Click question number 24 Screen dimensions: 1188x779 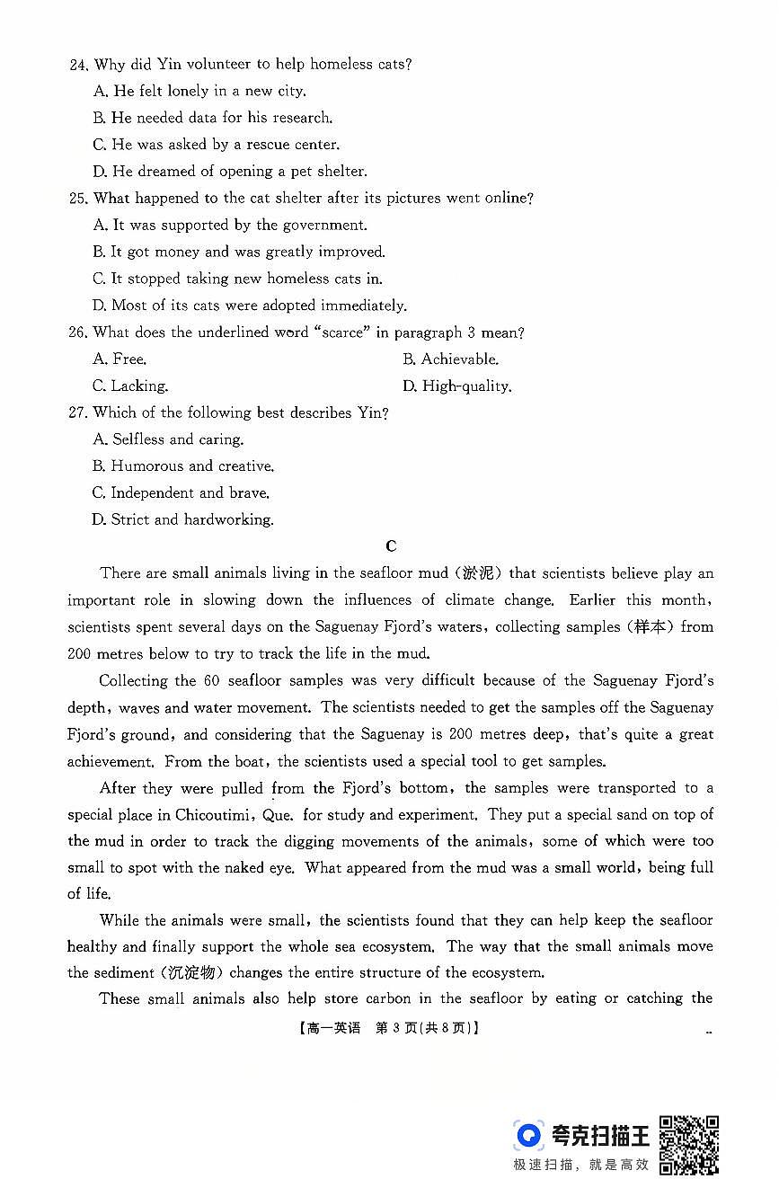point(78,65)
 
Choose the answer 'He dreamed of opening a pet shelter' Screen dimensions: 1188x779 point(229,171)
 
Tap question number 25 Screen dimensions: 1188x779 point(78,199)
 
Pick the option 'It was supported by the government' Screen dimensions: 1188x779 point(229,226)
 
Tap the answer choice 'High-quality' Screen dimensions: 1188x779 point(456,386)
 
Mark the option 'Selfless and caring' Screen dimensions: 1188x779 point(168,439)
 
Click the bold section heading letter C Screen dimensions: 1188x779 point(390,546)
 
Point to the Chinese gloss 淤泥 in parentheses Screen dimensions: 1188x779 point(479,573)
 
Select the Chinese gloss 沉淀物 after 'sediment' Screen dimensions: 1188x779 point(191,973)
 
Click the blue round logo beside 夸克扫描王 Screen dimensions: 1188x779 point(529,1135)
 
